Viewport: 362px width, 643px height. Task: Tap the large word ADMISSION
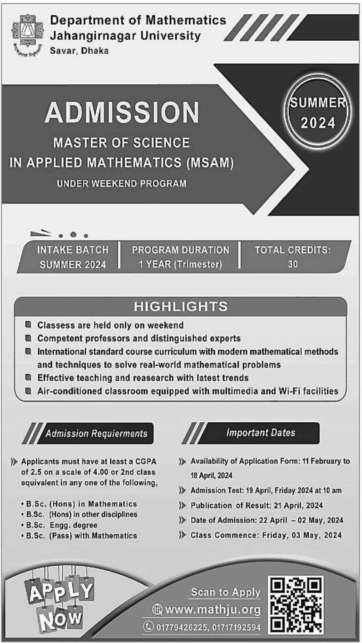(x=122, y=113)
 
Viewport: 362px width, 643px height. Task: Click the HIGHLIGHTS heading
(x=181, y=307)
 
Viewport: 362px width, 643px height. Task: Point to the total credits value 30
(x=293, y=265)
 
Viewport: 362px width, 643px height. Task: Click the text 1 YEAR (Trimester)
(x=181, y=265)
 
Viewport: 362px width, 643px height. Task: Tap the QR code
(x=296, y=604)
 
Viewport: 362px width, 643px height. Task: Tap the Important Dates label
(x=260, y=433)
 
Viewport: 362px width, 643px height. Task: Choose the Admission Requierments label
(x=96, y=433)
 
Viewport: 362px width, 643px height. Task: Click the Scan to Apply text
(x=225, y=592)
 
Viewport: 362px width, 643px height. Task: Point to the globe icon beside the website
(x=158, y=611)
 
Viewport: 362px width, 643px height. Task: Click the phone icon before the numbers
(x=149, y=627)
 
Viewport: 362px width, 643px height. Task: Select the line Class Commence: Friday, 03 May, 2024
(x=266, y=535)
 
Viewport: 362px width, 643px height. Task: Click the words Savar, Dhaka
(x=79, y=50)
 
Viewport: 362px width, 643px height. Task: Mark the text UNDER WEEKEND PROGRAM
(x=122, y=184)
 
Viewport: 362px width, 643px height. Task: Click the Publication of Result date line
(x=256, y=506)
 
